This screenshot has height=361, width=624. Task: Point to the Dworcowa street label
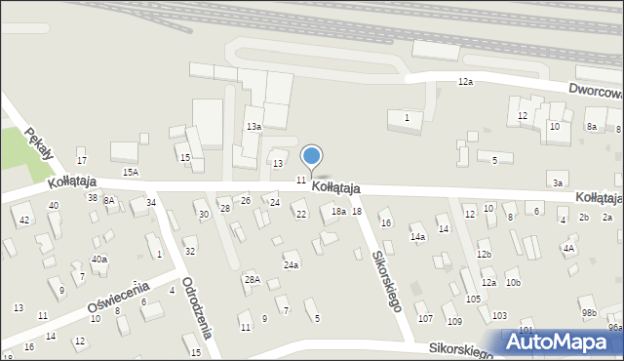point(597,95)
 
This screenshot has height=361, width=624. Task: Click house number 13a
point(253,127)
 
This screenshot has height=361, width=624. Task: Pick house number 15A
point(130,172)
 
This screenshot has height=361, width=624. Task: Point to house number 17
point(82,160)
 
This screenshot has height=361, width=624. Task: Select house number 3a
point(558,182)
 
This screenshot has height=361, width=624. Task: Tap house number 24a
point(291,264)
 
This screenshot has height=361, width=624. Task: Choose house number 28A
point(252,280)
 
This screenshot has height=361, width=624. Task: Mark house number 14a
point(417,237)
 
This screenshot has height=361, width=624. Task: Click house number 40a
point(99,259)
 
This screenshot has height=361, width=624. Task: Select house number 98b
point(589,312)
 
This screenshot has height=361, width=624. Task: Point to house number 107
point(424,318)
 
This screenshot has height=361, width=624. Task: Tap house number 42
point(24,220)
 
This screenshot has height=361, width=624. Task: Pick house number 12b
point(485,254)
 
